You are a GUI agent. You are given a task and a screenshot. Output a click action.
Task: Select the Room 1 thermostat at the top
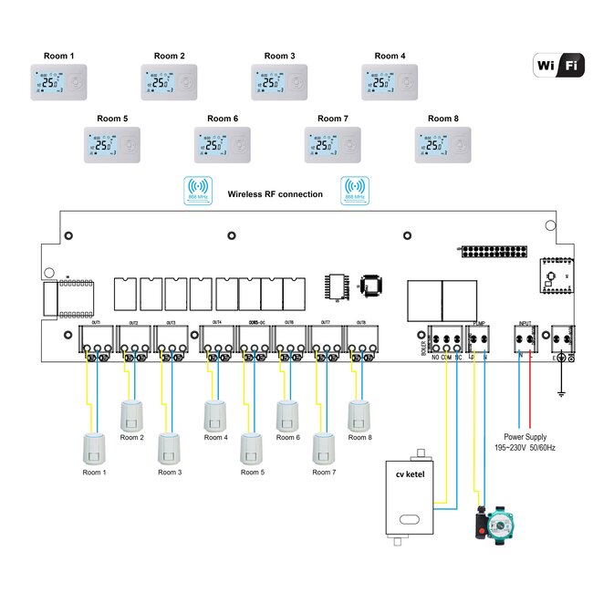click(x=60, y=82)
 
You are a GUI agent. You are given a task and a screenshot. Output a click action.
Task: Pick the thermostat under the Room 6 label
click(x=223, y=144)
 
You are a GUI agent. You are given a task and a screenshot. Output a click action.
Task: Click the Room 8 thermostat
click(x=443, y=144)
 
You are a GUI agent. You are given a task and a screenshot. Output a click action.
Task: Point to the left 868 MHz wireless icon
click(x=197, y=190)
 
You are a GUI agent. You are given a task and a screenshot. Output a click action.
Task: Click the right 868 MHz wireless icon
click(x=353, y=190)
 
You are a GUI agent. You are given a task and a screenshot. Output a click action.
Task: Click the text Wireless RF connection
click(x=275, y=194)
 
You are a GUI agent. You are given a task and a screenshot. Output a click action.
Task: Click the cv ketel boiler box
click(x=411, y=499)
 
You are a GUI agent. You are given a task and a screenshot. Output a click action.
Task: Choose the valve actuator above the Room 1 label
click(x=94, y=449)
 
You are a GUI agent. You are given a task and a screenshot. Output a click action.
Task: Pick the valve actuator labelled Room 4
click(x=214, y=415)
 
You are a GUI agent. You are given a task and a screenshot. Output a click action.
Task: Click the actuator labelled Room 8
click(x=359, y=415)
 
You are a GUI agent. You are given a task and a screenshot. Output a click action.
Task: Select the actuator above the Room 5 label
click(x=251, y=449)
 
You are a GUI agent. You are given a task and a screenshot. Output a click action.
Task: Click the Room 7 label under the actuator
click(x=324, y=473)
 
